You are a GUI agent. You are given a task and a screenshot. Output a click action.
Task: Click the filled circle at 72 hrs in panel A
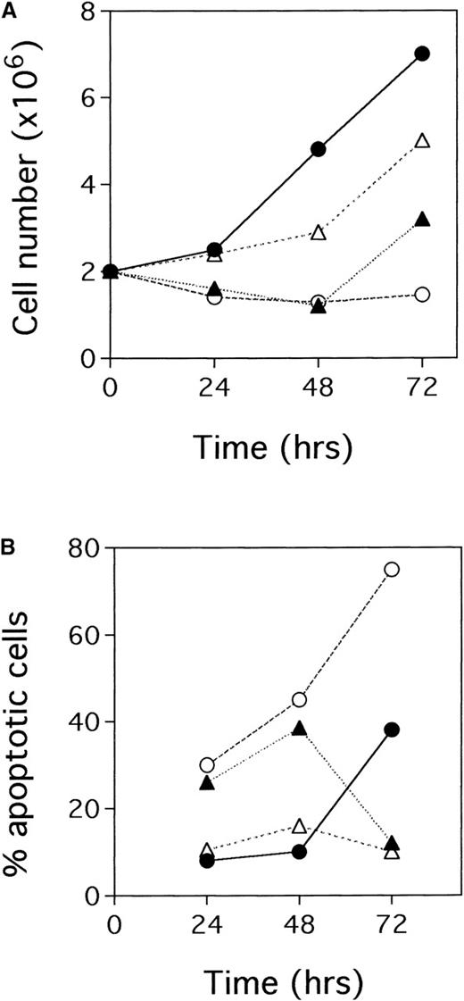tap(423, 54)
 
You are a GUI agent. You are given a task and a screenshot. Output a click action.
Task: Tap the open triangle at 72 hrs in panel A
tap(423, 141)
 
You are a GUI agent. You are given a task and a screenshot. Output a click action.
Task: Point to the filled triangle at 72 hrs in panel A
tap(423, 219)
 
